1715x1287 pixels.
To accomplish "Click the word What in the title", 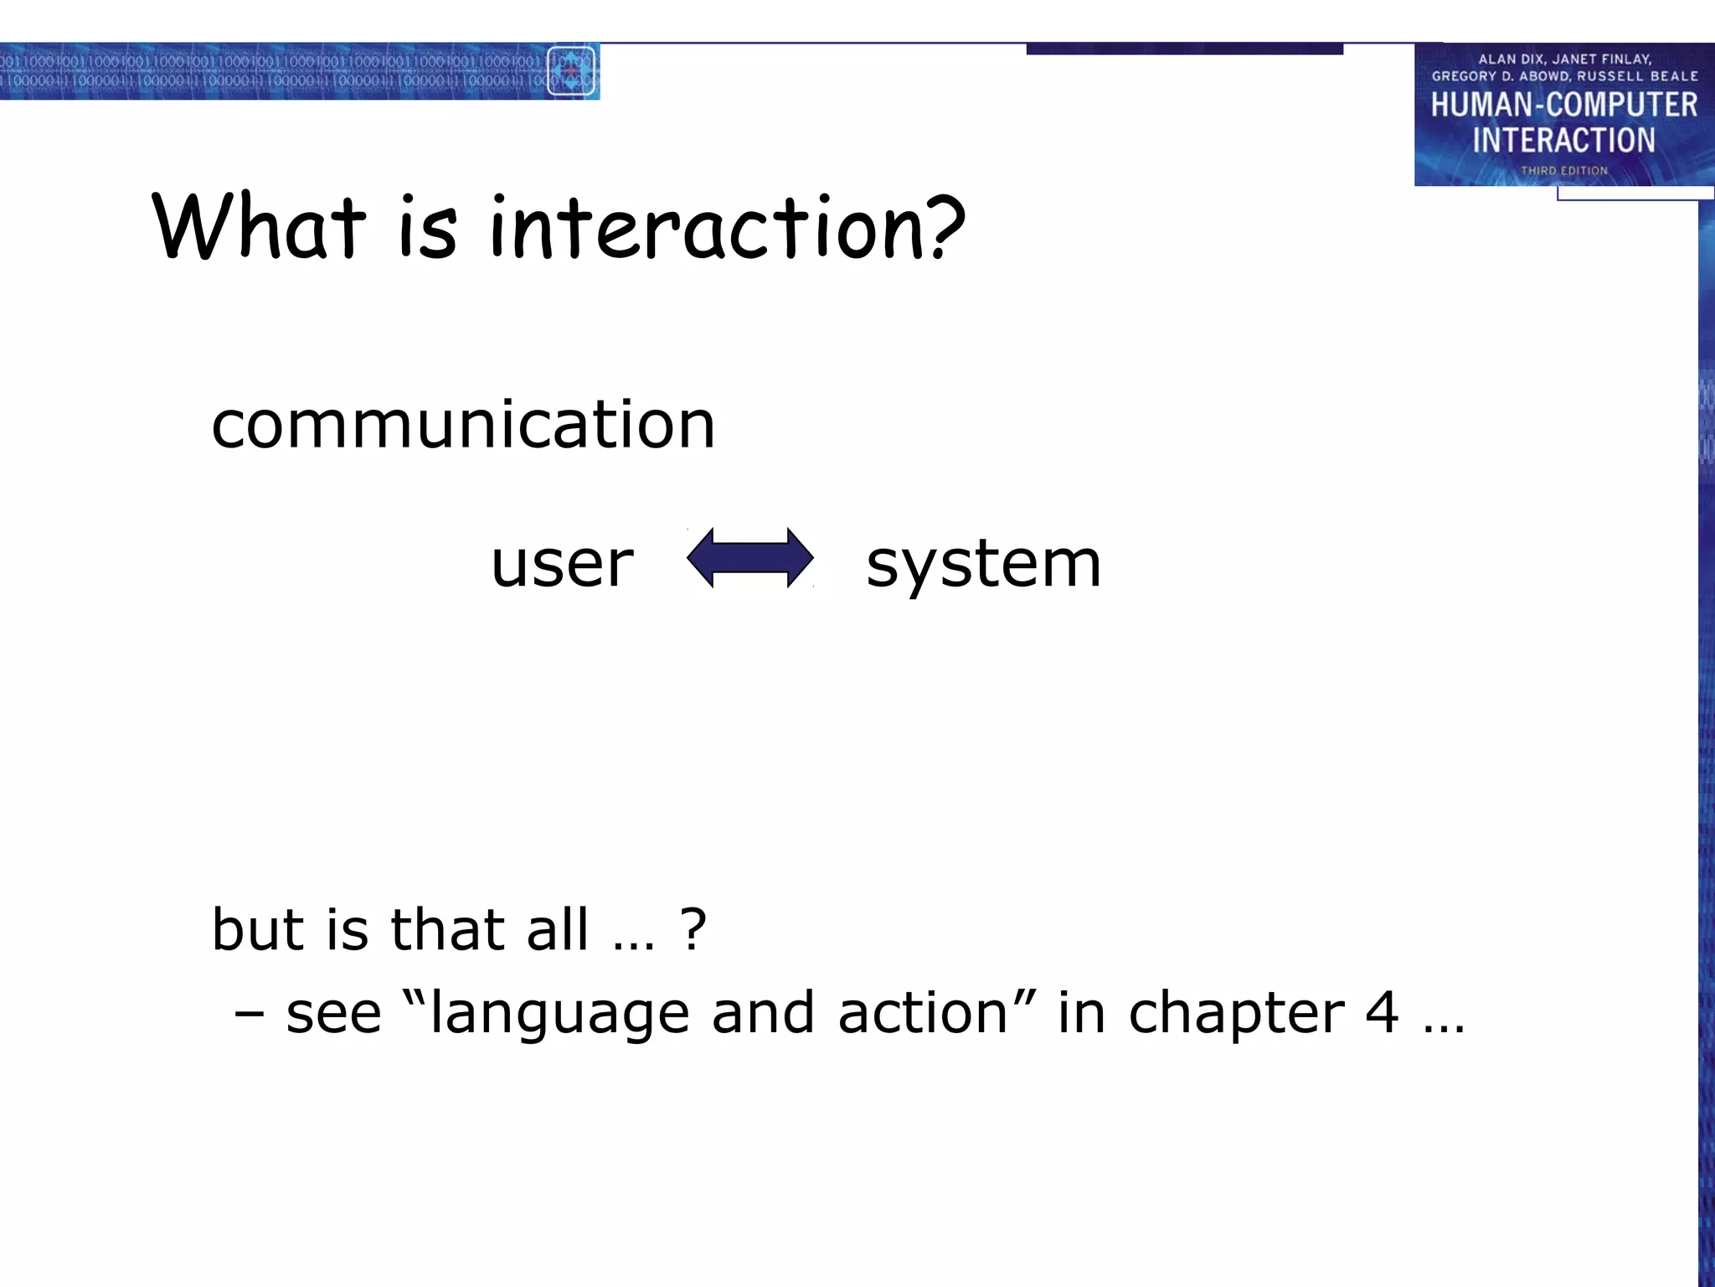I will [260, 226].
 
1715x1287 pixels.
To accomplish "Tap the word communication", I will [463, 425].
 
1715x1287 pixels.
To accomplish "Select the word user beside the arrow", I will [562, 563].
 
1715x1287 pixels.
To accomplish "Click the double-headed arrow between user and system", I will [749, 558].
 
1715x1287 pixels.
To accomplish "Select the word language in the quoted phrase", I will [559, 1014].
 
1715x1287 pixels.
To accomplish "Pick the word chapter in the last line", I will [1236, 1014].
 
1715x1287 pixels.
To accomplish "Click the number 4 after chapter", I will [1382, 1012].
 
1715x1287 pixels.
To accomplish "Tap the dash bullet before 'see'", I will [249, 1014].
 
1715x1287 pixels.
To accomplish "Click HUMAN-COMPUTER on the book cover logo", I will [1563, 105].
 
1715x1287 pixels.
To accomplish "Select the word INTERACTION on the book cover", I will [1563, 140].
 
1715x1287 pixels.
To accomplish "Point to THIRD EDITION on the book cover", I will [1563, 171].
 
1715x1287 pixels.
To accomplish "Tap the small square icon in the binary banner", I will [571, 71].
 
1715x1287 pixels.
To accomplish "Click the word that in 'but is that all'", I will [447, 929].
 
